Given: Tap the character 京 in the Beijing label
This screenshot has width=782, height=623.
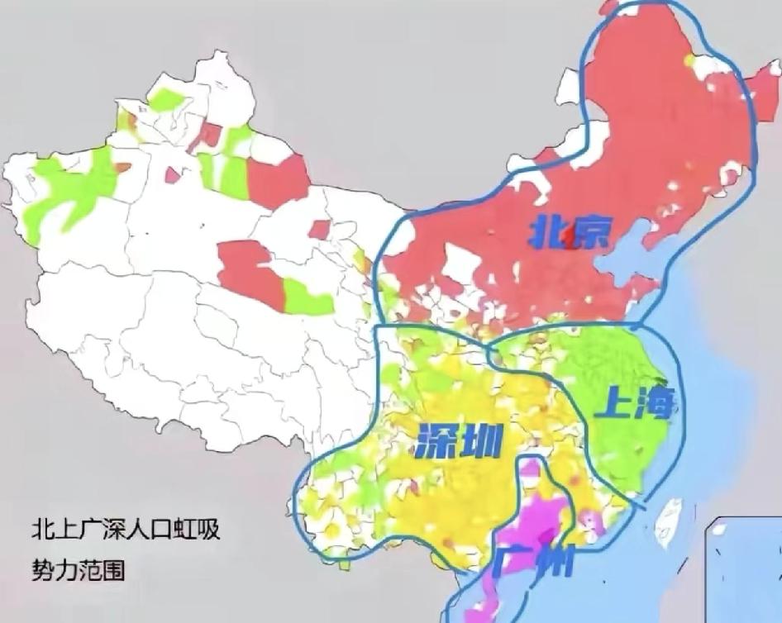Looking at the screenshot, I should click(590, 235).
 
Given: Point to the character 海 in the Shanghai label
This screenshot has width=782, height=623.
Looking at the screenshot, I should click(653, 405).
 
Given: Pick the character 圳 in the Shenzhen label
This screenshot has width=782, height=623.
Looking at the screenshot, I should click(479, 444).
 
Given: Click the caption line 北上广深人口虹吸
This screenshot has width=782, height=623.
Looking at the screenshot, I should click(126, 530).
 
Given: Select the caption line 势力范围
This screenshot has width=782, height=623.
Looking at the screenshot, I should click(79, 569).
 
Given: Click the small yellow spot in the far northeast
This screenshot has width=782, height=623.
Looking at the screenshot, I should click(690, 59).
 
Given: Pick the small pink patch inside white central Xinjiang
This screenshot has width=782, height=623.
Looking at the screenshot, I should click(173, 174).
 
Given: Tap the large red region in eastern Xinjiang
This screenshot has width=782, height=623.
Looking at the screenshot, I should click(278, 178).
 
